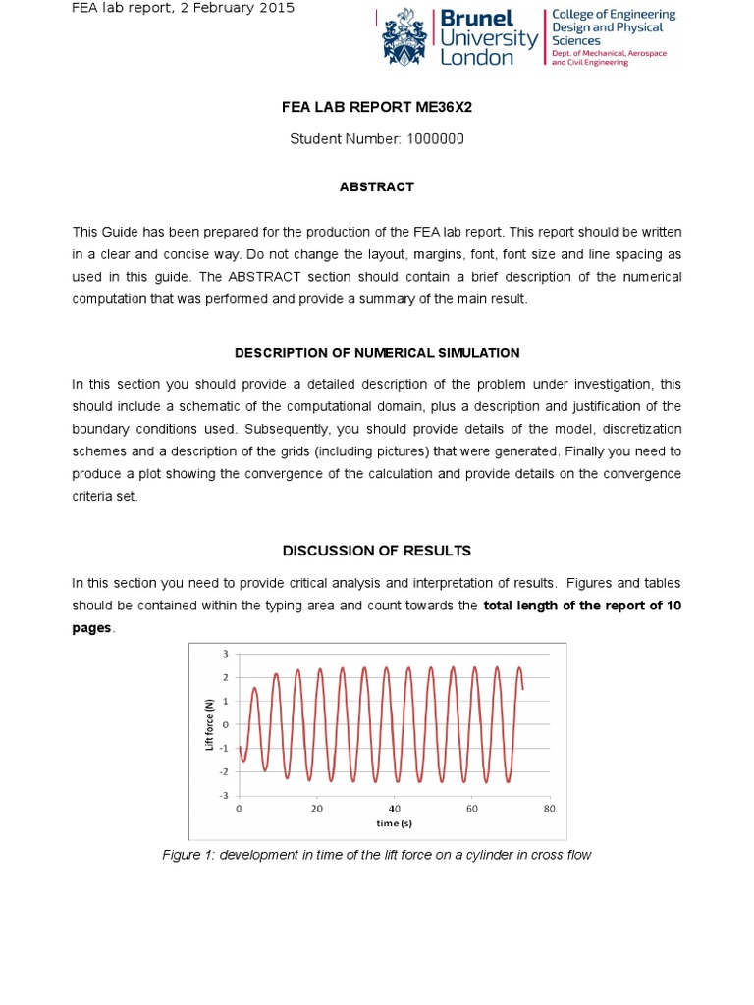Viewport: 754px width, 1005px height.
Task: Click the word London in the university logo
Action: tap(477, 58)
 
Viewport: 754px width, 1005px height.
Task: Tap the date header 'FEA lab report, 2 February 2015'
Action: tap(184, 9)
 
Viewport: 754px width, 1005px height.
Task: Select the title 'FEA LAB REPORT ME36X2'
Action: tap(377, 106)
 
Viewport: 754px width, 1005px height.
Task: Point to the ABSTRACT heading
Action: tap(377, 186)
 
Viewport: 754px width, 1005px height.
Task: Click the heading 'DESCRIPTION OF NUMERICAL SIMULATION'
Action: tap(377, 353)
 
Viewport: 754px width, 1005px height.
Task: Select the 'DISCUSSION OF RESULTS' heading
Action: tap(377, 551)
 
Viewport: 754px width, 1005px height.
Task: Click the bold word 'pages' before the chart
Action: tap(92, 628)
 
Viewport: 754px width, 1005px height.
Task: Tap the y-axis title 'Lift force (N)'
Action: tap(209, 724)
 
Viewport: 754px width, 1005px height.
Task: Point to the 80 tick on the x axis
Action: tap(549, 809)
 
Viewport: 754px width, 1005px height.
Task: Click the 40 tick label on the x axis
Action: tap(394, 809)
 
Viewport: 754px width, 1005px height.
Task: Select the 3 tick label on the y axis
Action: tap(226, 654)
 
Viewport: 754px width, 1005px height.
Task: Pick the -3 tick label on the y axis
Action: tap(224, 796)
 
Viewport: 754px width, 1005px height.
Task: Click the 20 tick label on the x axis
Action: tap(316, 809)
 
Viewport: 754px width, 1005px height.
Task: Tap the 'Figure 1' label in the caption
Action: tap(188, 855)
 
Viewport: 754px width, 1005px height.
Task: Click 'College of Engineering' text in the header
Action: tap(614, 15)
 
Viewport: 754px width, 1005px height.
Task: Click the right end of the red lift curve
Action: tap(522, 688)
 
